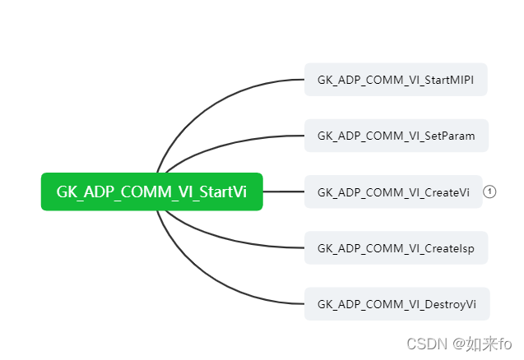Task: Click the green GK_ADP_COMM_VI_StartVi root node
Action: pos(151,192)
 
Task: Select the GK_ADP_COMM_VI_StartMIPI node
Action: pos(396,80)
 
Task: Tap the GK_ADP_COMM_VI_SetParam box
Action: pos(396,136)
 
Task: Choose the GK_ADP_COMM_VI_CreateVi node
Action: pos(393,192)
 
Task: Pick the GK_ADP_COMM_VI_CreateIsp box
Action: pos(396,247)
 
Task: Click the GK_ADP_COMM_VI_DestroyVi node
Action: pos(396,303)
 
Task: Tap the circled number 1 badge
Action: pos(489,192)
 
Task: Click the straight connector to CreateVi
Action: pos(284,192)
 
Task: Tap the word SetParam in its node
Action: pos(449,136)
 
